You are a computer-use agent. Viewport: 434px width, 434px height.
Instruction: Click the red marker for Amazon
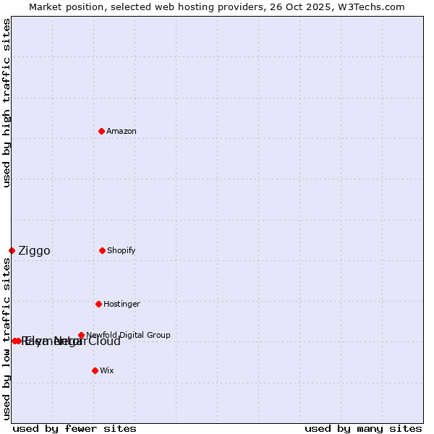click(101, 131)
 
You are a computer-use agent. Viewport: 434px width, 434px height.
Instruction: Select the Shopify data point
click(102, 250)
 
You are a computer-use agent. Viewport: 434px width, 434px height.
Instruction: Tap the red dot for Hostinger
click(98, 304)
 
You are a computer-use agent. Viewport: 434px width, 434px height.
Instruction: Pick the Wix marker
click(95, 370)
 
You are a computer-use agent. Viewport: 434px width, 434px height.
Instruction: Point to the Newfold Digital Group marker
click(81, 335)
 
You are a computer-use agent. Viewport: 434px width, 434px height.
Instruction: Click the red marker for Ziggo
click(12, 250)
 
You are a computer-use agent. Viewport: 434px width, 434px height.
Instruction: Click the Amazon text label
click(121, 131)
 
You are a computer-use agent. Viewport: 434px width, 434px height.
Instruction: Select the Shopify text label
click(121, 250)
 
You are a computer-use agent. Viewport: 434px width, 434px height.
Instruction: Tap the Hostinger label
click(122, 304)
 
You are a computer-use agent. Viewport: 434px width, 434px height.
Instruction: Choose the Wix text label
click(106, 370)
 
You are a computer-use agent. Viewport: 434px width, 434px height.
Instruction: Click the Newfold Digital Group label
click(128, 335)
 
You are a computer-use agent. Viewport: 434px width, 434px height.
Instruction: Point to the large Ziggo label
click(34, 251)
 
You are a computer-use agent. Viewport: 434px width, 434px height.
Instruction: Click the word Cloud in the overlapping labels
click(104, 341)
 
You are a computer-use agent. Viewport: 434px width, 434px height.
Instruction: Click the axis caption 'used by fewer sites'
click(75, 428)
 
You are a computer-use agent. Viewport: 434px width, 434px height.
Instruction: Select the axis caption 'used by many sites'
click(363, 428)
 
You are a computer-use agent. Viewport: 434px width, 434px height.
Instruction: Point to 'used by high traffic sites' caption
click(7, 103)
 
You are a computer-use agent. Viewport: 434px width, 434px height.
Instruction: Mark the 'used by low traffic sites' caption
click(7, 339)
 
